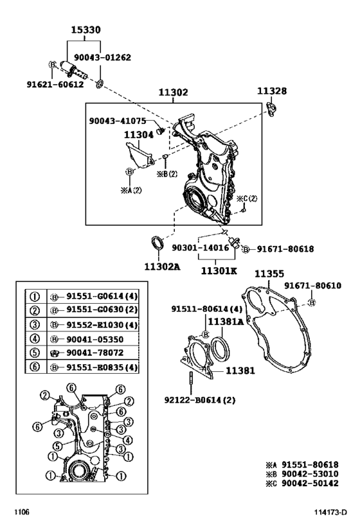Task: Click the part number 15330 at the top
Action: click(x=85, y=30)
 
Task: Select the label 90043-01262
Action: click(x=102, y=57)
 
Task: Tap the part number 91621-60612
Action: click(x=55, y=84)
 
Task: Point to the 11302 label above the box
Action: click(x=174, y=92)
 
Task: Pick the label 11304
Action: click(x=139, y=134)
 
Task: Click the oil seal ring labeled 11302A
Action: click(x=157, y=243)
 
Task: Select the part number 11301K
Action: click(x=219, y=270)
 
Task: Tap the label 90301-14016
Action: click(x=201, y=248)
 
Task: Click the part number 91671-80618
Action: click(x=285, y=249)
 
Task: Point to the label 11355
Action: click(x=269, y=274)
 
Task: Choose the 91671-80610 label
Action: click(x=312, y=285)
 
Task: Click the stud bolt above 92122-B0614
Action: click(x=191, y=383)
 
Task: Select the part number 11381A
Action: click(x=226, y=322)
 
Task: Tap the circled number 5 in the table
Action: click(x=35, y=353)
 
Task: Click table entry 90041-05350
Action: click(x=95, y=340)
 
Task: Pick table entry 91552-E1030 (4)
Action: click(x=102, y=325)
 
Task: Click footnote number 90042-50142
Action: click(x=310, y=483)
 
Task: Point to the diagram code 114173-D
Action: click(x=330, y=513)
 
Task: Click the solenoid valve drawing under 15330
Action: click(x=73, y=69)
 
